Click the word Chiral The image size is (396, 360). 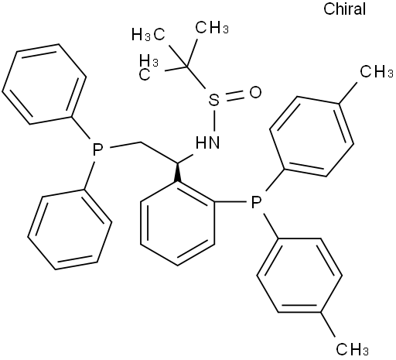tap(344, 9)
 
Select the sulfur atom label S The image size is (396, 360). tap(213, 100)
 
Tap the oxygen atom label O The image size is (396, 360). tap(255, 92)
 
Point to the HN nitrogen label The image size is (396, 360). tap(207, 142)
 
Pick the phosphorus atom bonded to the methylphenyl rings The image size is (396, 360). tap(256, 202)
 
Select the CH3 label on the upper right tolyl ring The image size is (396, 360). tap(377, 71)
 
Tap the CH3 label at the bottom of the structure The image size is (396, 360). tap(353, 349)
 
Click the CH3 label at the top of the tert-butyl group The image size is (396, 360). tap(212, 27)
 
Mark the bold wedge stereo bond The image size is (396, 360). tap(177, 172)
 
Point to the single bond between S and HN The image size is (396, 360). tap(213, 120)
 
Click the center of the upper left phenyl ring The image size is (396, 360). tap(44, 84)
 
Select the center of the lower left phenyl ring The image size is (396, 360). tap(70, 230)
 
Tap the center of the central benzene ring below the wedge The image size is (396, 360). tap(177, 223)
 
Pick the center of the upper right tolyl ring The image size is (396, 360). tap(312, 136)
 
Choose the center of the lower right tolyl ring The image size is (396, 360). tap(299, 276)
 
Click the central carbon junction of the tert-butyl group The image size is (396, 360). tap(187, 67)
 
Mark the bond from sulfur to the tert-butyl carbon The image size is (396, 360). tap(196, 77)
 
